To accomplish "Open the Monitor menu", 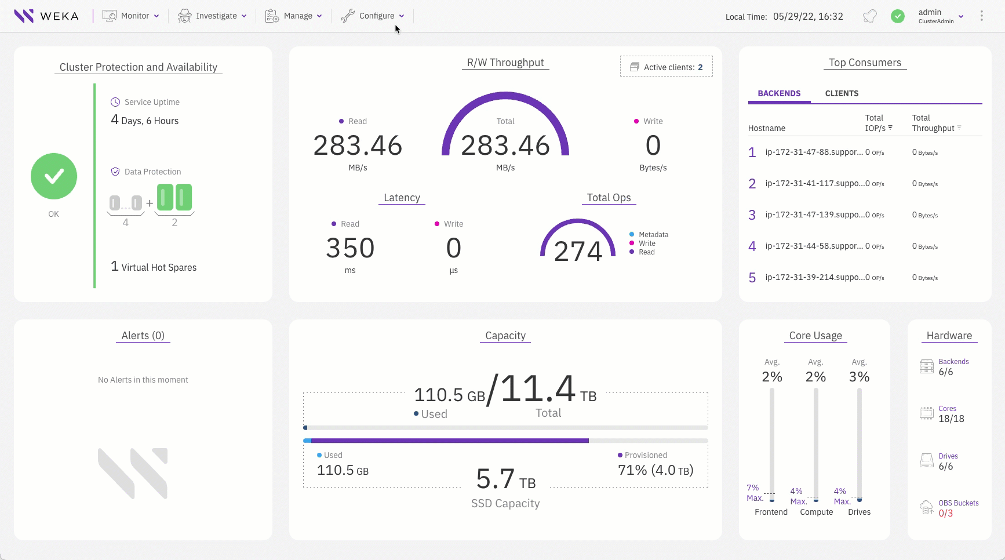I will [131, 16].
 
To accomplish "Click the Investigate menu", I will [212, 16].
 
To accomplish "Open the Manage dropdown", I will [293, 16].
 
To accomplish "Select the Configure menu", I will [372, 16].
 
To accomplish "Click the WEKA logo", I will [46, 16].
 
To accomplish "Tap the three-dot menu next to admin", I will [981, 16].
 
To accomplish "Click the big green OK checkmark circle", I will [54, 176].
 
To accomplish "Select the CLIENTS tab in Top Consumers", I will [842, 93].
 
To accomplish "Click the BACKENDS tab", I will [779, 93].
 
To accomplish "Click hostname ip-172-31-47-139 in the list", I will [813, 214].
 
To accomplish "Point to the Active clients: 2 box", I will [667, 67].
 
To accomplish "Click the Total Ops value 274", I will [578, 251].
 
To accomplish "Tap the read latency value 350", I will [350, 248].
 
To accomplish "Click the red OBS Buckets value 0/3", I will [945, 514].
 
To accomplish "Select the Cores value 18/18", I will [951, 419].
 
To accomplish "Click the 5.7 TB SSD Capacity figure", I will [505, 480].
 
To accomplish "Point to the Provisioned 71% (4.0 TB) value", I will [656, 470].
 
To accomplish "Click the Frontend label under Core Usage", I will [771, 512].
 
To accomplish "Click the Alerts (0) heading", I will [143, 336].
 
